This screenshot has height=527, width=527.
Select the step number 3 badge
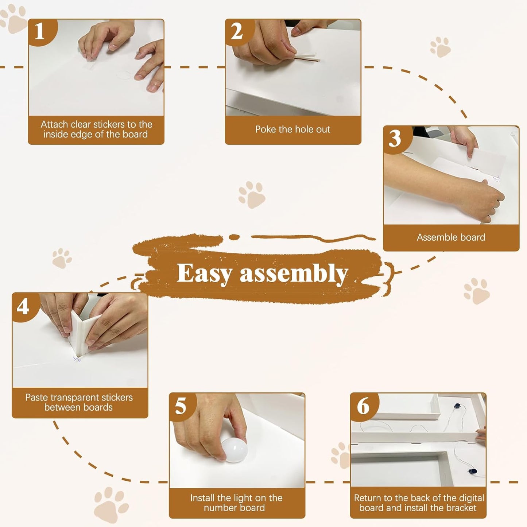click(x=395, y=138)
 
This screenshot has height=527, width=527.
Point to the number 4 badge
click(x=23, y=306)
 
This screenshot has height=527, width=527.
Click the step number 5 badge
click(x=181, y=406)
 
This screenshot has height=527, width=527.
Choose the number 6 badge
click(x=363, y=406)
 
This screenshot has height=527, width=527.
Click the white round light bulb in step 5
click(x=235, y=450)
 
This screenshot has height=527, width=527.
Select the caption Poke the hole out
click(x=292, y=129)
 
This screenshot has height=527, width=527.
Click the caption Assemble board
click(x=451, y=237)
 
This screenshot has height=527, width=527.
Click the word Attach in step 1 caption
click(x=54, y=124)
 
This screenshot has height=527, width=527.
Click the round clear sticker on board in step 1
click(x=124, y=75)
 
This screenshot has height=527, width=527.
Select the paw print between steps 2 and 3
click(x=440, y=47)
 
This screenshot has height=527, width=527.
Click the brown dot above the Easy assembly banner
click(x=234, y=237)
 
